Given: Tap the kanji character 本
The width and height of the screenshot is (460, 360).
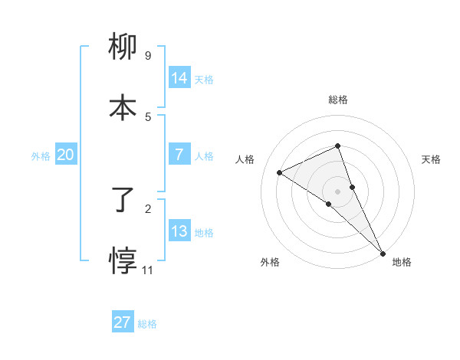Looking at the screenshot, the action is click(x=123, y=108).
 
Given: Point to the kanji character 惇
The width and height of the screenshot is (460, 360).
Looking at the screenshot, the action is click(x=123, y=261).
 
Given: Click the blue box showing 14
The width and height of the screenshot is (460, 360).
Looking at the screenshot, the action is click(x=179, y=77).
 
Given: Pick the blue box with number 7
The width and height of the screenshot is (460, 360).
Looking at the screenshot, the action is click(x=179, y=155).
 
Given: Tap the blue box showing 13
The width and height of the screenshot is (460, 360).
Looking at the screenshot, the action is click(x=179, y=231).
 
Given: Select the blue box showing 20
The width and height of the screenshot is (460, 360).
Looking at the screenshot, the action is click(x=66, y=155).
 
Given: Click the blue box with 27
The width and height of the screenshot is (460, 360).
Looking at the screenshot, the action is click(x=123, y=322).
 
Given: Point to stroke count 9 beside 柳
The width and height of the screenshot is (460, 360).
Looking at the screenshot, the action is click(x=148, y=55).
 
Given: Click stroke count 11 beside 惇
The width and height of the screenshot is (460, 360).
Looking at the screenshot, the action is click(x=149, y=270).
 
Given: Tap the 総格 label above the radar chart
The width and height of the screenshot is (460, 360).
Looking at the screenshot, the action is click(x=338, y=100).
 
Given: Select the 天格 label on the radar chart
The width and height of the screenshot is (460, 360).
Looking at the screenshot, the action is click(x=432, y=159).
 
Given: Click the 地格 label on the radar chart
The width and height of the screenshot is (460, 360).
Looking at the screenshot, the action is click(x=402, y=262).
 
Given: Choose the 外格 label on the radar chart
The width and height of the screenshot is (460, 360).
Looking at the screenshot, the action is click(x=270, y=262).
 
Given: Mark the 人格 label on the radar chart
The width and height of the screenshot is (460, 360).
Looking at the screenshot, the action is click(x=245, y=159).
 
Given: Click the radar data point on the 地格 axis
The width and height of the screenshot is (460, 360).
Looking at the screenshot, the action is click(x=383, y=253).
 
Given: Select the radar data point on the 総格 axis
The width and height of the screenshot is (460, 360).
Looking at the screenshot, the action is click(x=338, y=146).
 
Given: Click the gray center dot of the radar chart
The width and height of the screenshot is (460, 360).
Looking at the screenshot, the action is click(x=338, y=191).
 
